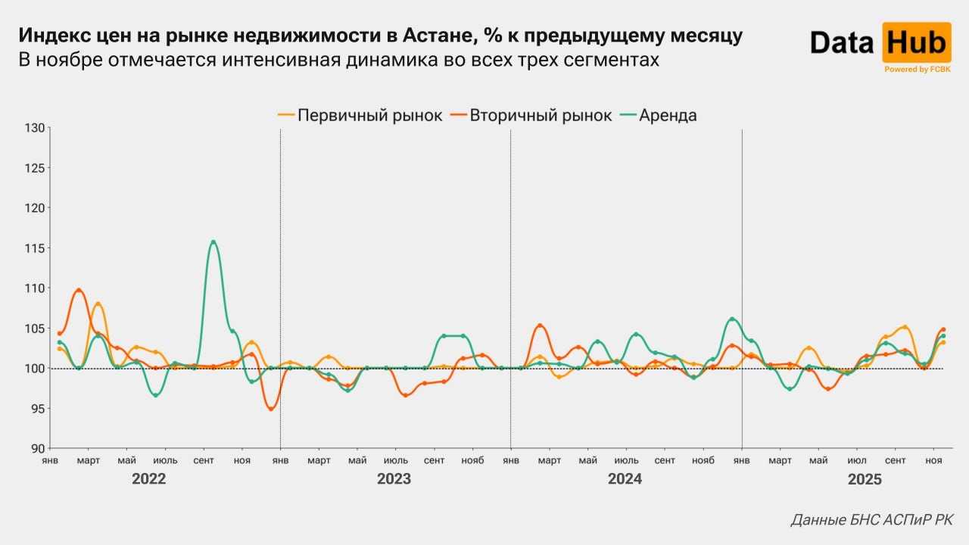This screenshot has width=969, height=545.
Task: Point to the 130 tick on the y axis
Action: [35, 127]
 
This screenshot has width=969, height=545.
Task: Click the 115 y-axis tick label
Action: [35, 248]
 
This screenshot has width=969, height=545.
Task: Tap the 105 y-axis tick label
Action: [35, 329]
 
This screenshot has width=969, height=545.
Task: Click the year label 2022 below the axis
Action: [148, 479]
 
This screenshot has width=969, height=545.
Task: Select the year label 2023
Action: [394, 479]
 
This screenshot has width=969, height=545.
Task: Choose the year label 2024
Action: [625, 479]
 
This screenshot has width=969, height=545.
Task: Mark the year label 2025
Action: [865, 479]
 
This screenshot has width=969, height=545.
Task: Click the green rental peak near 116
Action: [213, 242]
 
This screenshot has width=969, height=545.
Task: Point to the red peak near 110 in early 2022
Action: [79, 290]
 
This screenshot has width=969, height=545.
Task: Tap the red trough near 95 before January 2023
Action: [271, 409]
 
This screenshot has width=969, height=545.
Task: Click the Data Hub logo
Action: [879, 42]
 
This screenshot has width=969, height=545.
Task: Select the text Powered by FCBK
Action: [917, 69]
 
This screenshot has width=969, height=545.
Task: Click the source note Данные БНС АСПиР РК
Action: [872, 520]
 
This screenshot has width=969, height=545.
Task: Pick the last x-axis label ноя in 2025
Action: [934, 460]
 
